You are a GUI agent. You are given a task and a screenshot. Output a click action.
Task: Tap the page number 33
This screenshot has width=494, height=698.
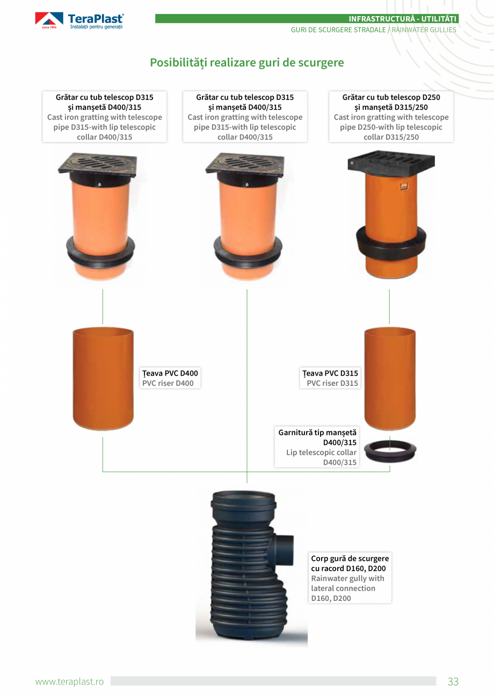tap(453, 681)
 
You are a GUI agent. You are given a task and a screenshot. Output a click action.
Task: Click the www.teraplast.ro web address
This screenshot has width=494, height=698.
tap(69, 681)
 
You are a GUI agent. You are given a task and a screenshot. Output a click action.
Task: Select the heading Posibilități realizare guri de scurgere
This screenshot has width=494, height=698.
tap(247, 63)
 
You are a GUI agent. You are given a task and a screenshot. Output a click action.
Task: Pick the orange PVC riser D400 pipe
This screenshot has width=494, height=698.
tap(103, 379)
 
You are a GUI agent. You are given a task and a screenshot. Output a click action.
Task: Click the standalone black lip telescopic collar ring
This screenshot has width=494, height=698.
tap(390, 451)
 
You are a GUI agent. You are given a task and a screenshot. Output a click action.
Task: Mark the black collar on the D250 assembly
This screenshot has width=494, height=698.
tap(391, 238)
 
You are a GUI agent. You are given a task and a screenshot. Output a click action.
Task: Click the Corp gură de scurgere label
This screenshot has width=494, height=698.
tap(350, 578)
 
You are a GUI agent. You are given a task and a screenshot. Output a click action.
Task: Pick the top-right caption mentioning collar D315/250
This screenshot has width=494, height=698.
tap(391, 117)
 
